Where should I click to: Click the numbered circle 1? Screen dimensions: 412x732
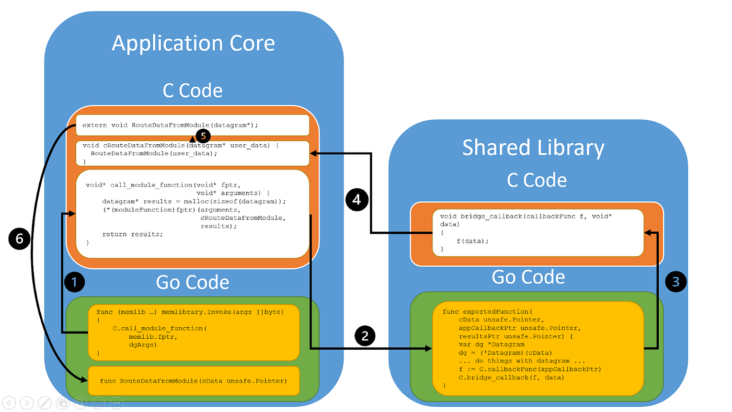(x=74, y=283)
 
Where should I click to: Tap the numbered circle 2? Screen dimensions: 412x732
(x=365, y=335)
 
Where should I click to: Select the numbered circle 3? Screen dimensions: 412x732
(x=676, y=282)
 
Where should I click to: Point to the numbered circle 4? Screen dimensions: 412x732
(x=356, y=200)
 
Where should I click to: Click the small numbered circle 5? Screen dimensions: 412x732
(x=203, y=136)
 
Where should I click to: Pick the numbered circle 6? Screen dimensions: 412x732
(x=19, y=239)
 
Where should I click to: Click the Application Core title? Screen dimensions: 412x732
(x=193, y=43)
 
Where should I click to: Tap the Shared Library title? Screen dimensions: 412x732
(x=533, y=148)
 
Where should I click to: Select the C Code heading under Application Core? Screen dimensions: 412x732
(x=192, y=90)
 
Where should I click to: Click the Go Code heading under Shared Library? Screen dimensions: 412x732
(x=528, y=277)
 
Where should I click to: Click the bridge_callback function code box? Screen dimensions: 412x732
(x=537, y=233)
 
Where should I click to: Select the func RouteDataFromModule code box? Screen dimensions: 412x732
(x=193, y=381)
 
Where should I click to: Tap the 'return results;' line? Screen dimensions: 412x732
(x=132, y=234)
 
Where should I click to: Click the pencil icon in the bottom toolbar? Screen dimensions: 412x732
(x=44, y=403)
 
